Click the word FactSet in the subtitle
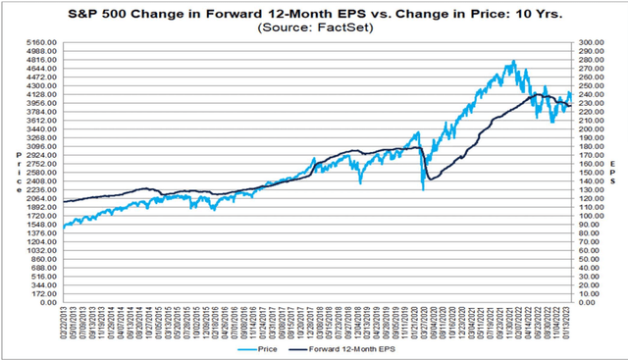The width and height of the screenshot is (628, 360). tap(336, 27)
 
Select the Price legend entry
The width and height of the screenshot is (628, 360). tap(258, 347)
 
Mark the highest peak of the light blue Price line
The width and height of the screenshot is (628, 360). tap(512, 61)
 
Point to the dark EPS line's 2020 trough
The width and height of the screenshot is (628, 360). tap(429, 179)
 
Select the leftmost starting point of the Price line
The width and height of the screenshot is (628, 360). tap(64, 228)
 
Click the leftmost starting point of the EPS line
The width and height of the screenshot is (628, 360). tap(64, 201)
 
